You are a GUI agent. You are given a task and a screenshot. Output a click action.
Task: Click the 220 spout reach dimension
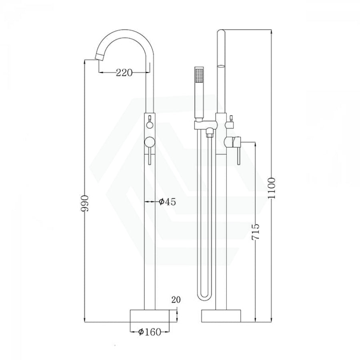click(x=124, y=72)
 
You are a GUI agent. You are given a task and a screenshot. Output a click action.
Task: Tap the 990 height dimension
click(x=84, y=204)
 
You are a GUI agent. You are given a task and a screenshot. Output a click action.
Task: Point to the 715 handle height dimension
click(x=255, y=232)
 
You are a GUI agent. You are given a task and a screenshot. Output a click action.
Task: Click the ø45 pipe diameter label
click(x=167, y=202)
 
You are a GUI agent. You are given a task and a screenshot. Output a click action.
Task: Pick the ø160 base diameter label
click(x=150, y=332)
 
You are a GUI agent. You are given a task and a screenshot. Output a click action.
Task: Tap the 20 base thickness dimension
click(x=176, y=300)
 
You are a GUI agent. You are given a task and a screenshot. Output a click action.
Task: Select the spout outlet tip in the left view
click(x=98, y=56)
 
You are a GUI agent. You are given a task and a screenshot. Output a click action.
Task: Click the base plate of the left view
click(x=150, y=316)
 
